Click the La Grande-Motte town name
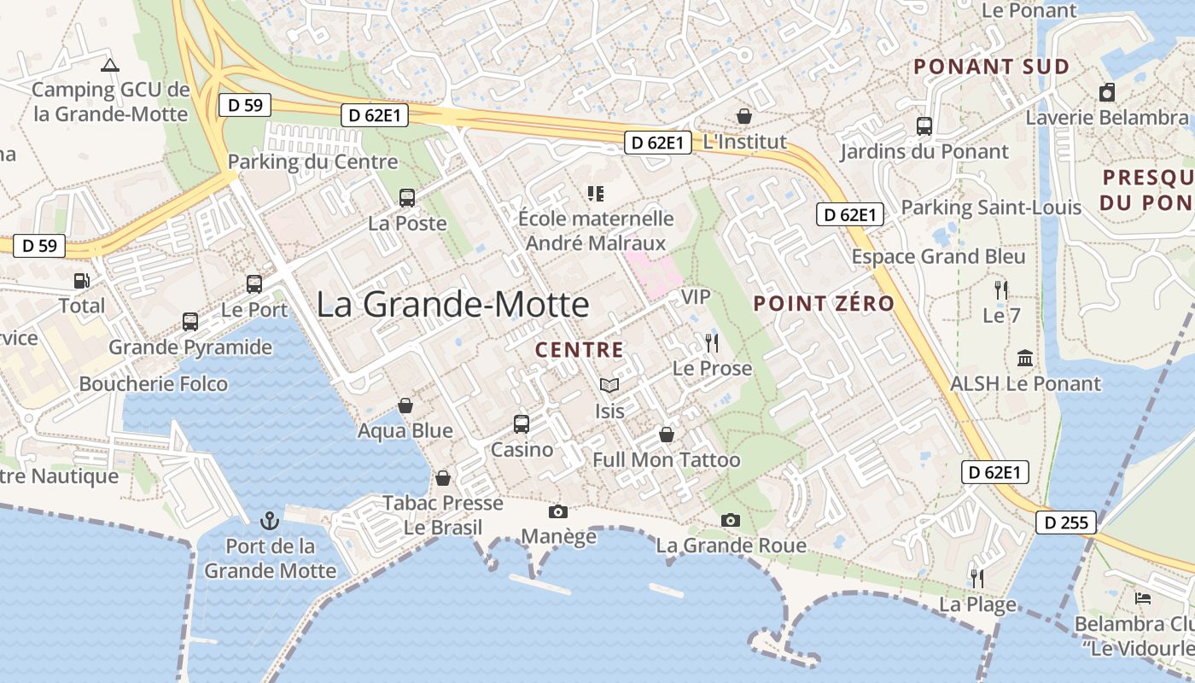(x=452, y=305)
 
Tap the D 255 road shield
(x=1066, y=522)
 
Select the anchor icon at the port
(x=270, y=520)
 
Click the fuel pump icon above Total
(x=81, y=280)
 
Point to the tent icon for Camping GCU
(x=109, y=64)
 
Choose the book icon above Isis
(x=609, y=386)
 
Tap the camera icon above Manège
(x=558, y=511)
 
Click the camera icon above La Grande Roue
(x=730, y=520)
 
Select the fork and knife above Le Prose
(x=712, y=343)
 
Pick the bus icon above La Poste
(x=407, y=198)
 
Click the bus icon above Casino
(x=522, y=423)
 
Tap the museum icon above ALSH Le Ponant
(x=1025, y=359)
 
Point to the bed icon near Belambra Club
(x=1143, y=598)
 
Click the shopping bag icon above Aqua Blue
(x=405, y=406)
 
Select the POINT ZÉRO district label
(x=824, y=303)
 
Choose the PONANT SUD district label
(x=991, y=67)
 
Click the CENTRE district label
(x=579, y=350)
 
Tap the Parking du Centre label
(x=312, y=161)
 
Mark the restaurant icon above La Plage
(x=977, y=579)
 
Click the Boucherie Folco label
(x=154, y=383)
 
